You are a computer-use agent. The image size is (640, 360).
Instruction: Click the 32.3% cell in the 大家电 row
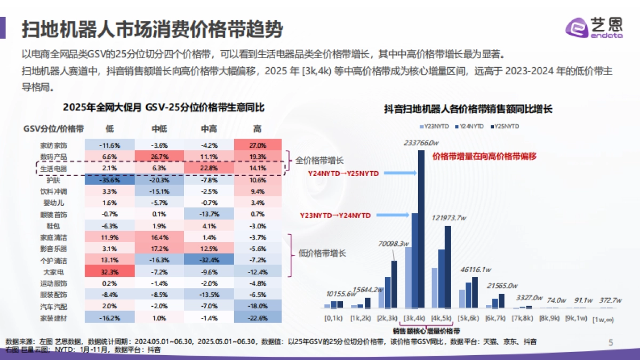[109, 271]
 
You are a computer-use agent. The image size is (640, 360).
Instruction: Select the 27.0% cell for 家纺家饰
[258, 145]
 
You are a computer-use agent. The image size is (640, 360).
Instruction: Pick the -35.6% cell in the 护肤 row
[109, 180]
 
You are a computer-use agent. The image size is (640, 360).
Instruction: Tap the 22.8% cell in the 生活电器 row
[209, 169]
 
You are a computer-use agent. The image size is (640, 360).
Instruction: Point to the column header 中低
[159, 129]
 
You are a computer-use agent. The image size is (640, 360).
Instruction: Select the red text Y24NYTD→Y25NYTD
[343, 173]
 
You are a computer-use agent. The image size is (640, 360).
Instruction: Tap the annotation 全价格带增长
[320, 160]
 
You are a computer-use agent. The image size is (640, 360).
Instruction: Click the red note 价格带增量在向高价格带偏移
[484, 156]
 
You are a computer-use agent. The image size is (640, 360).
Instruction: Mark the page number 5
[611, 342]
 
